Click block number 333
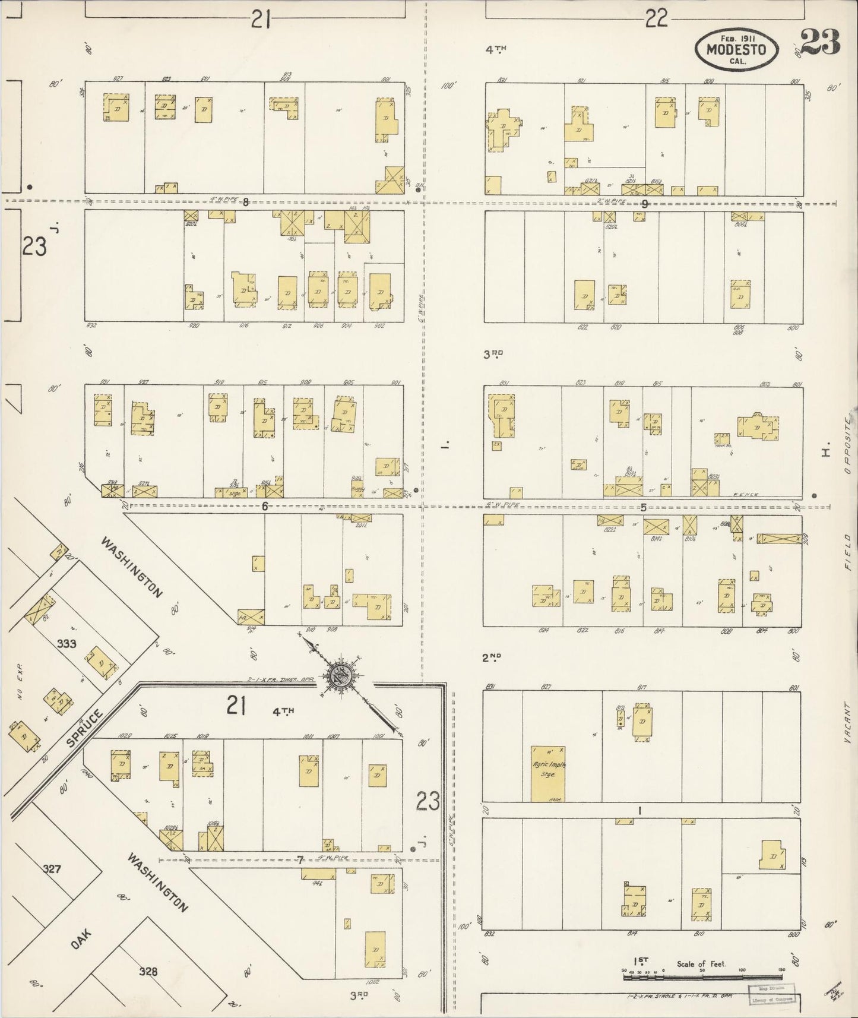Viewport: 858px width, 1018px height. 66,643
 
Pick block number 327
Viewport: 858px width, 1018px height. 52,868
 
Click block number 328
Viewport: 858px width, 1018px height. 148,972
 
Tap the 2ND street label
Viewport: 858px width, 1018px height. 492,657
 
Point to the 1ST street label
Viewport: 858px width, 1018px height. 641,961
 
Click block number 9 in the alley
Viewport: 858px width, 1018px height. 644,204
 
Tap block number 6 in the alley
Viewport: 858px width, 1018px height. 265,507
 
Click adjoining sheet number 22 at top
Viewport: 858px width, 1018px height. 656,20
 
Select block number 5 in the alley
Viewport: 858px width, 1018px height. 643,507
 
